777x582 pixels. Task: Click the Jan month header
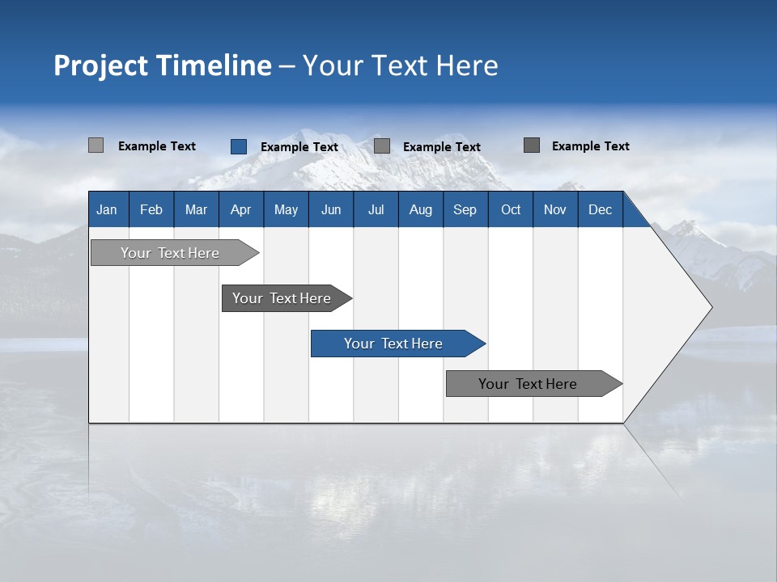(x=108, y=209)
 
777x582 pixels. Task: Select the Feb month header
(x=151, y=209)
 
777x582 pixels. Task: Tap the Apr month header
(x=241, y=209)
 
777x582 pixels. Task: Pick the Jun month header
(x=331, y=209)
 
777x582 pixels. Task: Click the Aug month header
(x=421, y=209)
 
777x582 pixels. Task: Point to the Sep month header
(x=465, y=209)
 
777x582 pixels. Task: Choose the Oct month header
(x=511, y=209)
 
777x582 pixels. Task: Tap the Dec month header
(x=601, y=209)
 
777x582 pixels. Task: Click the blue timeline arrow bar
(x=397, y=344)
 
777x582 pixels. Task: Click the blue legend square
(x=239, y=146)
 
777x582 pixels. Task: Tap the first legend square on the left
(x=96, y=145)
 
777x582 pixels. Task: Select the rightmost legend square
(x=532, y=145)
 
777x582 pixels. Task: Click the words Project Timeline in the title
(x=162, y=65)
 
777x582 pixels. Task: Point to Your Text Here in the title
(x=400, y=65)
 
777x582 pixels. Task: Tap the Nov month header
(x=555, y=209)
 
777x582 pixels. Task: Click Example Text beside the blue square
(x=299, y=147)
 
